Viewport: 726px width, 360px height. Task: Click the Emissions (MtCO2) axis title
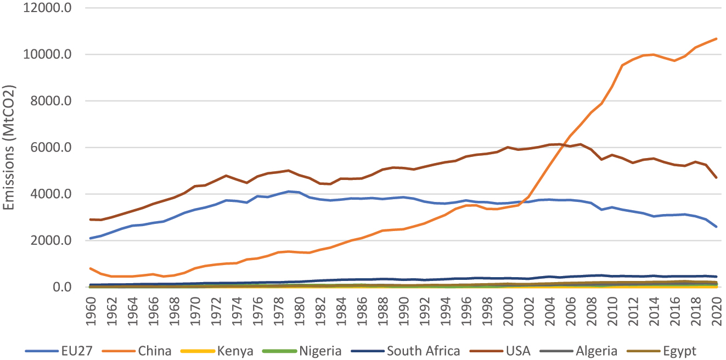click(9, 148)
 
